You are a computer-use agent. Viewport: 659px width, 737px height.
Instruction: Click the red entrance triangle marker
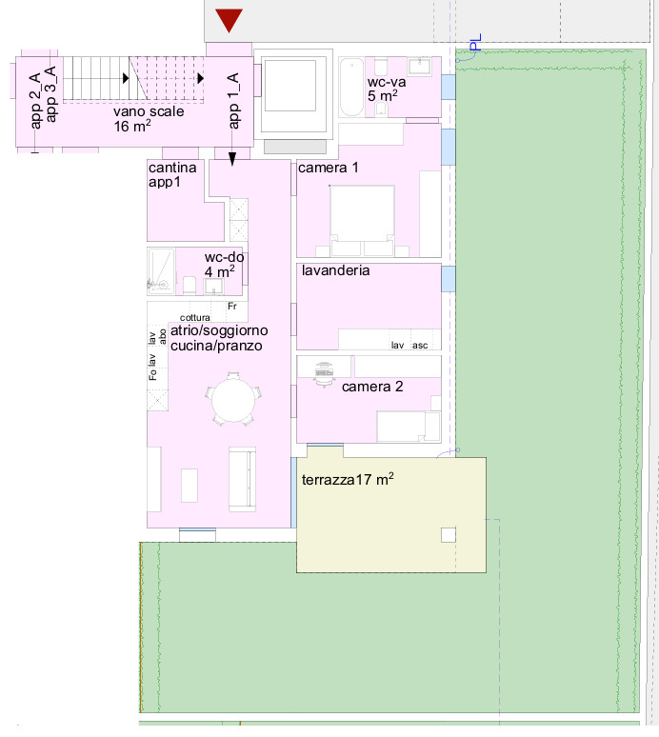click(x=229, y=20)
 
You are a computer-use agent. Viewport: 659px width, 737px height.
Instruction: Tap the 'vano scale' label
click(x=149, y=111)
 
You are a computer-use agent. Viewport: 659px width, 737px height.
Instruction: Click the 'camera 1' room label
click(x=329, y=168)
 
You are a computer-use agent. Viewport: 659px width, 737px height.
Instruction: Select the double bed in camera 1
click(x=362, y=221)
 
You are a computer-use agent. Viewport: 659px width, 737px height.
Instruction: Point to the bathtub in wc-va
click(x=351, y=87)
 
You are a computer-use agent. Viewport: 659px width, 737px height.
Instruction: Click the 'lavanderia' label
click(x=335, y=270)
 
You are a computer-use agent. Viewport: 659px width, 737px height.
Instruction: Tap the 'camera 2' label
click(x=372, y=387)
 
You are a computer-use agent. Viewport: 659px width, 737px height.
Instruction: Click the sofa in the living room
click(x=243, y=479)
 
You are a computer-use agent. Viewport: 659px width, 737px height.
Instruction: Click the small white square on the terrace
click(x=449, y=535)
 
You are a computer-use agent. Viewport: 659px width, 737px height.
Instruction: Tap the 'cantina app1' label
click(x=172, y=175)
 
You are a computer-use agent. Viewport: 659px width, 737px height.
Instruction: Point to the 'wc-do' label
click(x=224, y=258)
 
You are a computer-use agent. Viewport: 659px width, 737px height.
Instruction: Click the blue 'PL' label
click(x=476, y=42)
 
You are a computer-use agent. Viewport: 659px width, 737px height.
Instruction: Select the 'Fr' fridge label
click(x=232, y=306)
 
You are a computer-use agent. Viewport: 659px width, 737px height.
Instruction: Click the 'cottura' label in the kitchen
click(x=194, y=318)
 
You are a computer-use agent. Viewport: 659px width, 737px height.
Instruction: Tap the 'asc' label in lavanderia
click(x=420, y=346)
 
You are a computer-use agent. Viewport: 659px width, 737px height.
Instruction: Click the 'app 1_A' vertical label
click(x=233, y=101)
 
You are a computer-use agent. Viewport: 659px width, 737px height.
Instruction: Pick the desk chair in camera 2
click(x=324, y=374)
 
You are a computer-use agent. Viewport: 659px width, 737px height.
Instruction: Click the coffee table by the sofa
click(x=190, y=486)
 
